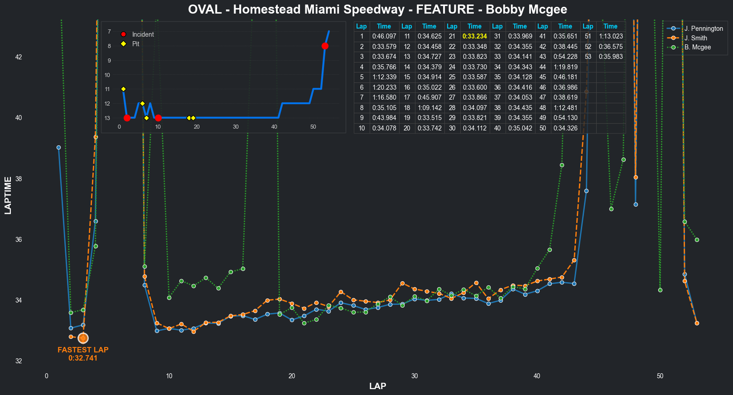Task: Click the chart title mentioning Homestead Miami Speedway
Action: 377,10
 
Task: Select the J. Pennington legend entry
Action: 703,29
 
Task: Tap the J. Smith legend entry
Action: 695,38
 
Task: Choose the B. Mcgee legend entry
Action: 697,47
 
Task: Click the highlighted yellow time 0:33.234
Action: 474,36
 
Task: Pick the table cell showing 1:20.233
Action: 384,87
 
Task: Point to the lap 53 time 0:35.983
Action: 610,57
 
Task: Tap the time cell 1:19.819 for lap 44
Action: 565,67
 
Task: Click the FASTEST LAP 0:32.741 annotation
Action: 83,354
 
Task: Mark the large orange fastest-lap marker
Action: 83,338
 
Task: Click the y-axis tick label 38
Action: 19,179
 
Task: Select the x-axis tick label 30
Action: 415,376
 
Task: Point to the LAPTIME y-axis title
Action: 8,196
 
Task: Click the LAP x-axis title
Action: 377,386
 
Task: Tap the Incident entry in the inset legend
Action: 143,34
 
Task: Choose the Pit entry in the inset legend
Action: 135,44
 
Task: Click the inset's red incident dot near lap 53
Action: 325,46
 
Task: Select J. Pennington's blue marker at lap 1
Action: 58,148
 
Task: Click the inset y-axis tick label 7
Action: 109,32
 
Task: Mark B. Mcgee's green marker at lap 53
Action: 697,240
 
